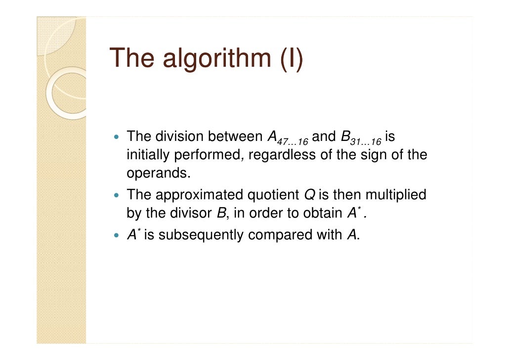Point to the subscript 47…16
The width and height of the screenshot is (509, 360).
(x=291, y=142)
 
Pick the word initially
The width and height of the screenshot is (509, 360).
(x=147, y=155)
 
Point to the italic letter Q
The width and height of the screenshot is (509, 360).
(x=310, y=194)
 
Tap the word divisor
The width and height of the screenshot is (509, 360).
(x=189, y=214)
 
